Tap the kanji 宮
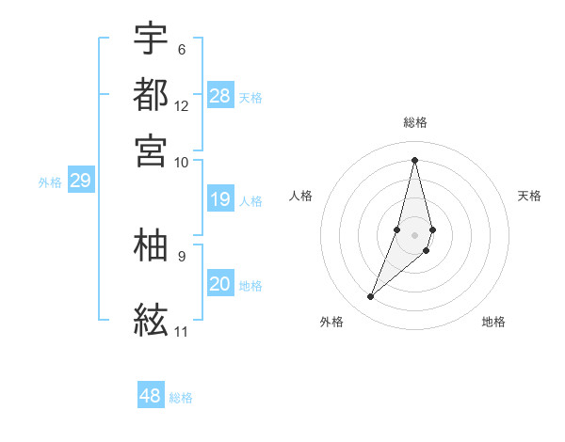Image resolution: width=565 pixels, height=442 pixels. pos(152,150)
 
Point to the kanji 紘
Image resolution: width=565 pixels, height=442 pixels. pos(152,320)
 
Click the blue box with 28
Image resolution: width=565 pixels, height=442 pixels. pos(220,96)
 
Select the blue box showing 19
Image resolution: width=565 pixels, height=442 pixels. pos(220,199)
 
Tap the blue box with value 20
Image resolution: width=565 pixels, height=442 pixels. pos(220,284)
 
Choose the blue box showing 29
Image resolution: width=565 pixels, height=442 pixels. pos(80,181)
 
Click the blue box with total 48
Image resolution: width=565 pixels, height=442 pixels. pos(151,396)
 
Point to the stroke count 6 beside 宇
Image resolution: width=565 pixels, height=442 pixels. pos(181,49)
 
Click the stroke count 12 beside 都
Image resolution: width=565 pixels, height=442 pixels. pos(182,105)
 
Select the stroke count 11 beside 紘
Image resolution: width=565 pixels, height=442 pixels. pos(182,331)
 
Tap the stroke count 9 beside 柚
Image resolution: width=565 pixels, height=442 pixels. pos(181,255)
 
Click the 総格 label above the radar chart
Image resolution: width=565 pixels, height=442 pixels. pos(415,122)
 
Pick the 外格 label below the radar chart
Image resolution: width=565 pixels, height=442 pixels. pos(331,322)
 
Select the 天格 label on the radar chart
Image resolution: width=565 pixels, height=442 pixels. pos(530,196)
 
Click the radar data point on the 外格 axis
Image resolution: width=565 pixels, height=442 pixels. pos(371,297)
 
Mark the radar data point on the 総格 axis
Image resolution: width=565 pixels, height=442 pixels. pos(415,159)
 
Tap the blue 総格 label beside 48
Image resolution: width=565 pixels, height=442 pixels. pos(181,398)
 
